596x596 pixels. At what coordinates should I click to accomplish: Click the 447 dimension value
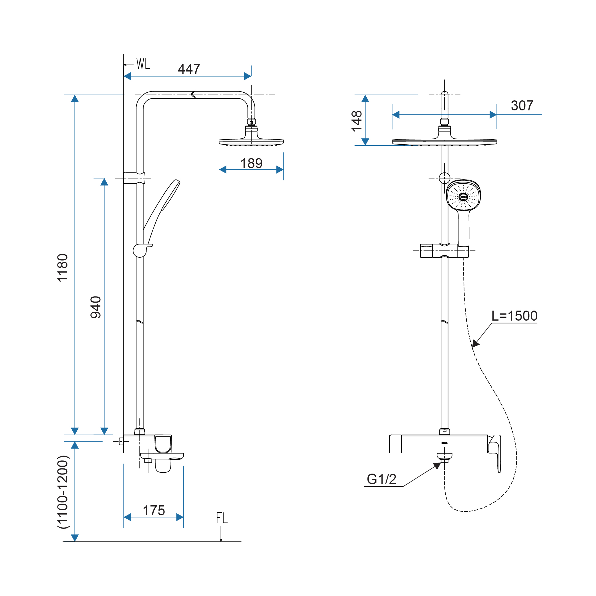tap(189, 69)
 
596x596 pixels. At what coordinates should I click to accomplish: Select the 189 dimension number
tap(251, 163)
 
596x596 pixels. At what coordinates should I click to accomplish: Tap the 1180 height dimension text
tap(63, 267)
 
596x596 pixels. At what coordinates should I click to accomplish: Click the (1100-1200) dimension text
tap(63, 492)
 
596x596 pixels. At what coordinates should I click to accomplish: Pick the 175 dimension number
tap(154, 510)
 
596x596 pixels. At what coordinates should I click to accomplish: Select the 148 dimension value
tap(357, 121)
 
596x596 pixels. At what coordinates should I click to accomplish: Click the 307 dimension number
tap(522, 106)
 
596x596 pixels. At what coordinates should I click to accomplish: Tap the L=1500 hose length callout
tap(514, 316)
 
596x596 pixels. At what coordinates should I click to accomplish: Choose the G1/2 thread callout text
tap(381, 479)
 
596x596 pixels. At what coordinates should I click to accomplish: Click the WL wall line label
tap(143, 64)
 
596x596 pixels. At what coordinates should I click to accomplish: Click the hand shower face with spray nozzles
tap(463, 196)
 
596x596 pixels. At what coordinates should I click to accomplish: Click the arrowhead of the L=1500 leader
tap(476, 344)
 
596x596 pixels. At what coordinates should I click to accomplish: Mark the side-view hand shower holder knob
tap(140, 251)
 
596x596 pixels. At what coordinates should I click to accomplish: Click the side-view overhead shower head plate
tap(251, 142)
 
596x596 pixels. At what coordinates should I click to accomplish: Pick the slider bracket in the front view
tap(444, 251)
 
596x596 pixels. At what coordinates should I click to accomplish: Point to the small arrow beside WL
tap(128, 65)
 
